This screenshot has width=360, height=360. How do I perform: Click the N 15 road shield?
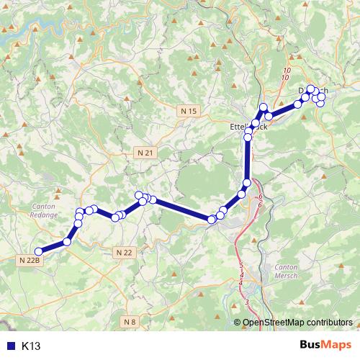point(189,110)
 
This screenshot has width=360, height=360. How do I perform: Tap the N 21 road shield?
point(145,153)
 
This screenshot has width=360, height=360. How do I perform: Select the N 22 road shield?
point(123,252)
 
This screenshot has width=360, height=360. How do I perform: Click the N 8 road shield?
point(129,321)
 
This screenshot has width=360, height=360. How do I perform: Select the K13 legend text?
point(31,346)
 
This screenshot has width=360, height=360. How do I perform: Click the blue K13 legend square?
point(10,346)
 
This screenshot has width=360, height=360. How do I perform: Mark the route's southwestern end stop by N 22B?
point(39,251)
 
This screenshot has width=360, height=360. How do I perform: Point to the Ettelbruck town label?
point(248,126)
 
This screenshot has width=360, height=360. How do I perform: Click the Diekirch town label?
point(312,91)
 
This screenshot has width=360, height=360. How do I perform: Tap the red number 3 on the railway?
point(247,301)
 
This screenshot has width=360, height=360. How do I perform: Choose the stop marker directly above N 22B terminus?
point(67,242)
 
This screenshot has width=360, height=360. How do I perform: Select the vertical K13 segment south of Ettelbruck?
point(248,158)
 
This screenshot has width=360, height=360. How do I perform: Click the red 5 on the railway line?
point(241,266)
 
